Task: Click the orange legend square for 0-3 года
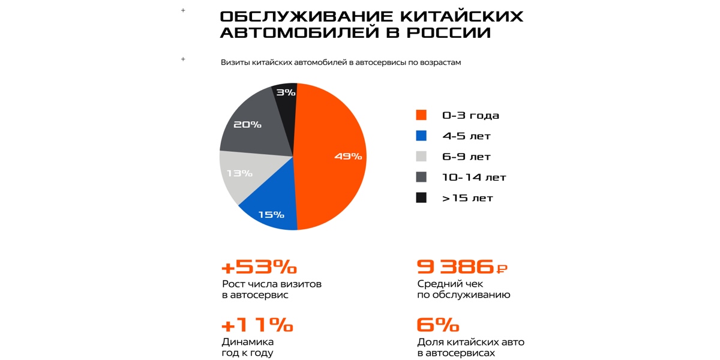[421, 115]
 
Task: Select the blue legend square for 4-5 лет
[421, 136]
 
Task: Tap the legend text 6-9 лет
[466, 157]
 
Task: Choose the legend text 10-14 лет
[474, 178]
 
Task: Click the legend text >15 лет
[467, 198]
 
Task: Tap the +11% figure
[257, 325]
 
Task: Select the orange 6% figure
[437, 325]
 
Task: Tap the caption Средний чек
[450, 284]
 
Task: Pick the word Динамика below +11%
[248, 342]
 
